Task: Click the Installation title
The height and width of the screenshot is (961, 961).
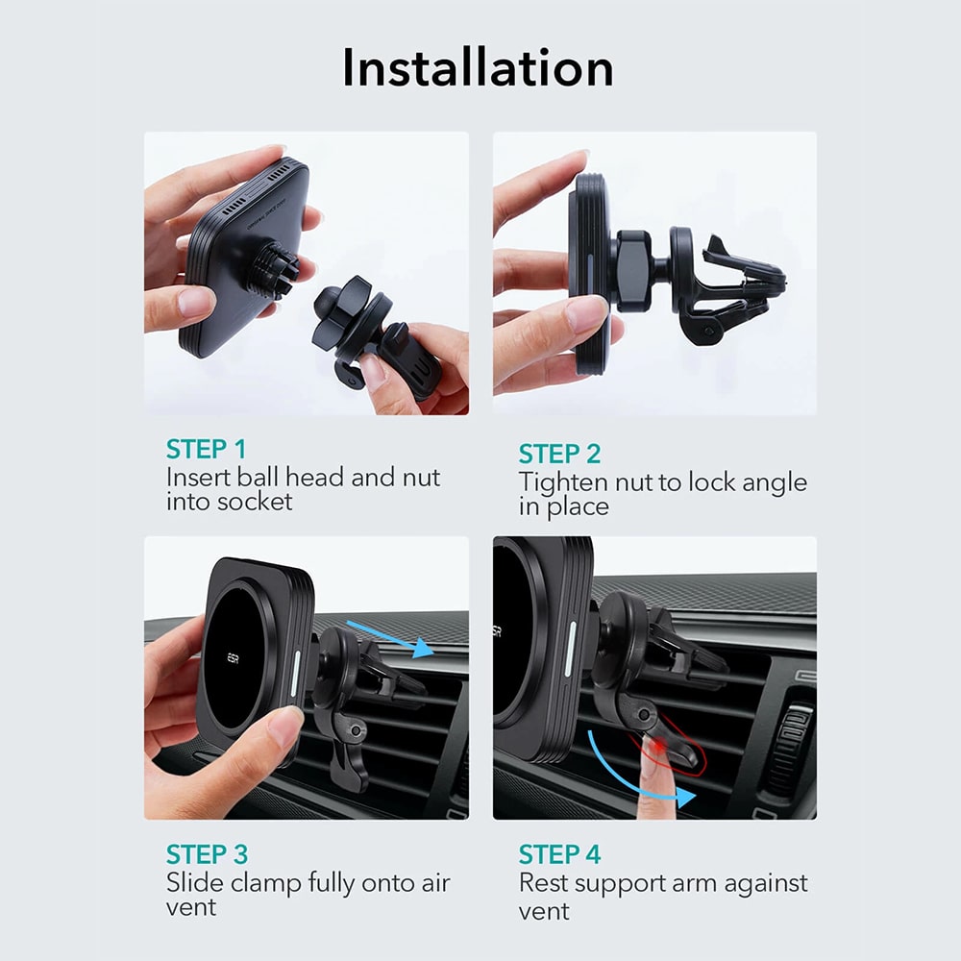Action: click(x=478, y=67)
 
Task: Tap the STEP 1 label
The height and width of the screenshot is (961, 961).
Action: click(x=206, y=449)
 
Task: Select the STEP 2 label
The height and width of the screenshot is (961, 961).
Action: click(x=559, y=455)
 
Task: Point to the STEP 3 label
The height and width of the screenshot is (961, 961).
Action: click(x=207, y=854)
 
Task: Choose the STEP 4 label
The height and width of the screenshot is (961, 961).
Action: click(x=559, y=854)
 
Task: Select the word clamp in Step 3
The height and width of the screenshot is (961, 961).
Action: click(x=266, y=884)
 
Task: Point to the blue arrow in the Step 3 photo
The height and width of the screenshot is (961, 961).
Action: click(x=390, y=639)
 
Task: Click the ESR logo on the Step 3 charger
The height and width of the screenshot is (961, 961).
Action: click(x=233, y=659)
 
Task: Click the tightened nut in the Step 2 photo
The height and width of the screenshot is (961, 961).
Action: click(x=632, y=270)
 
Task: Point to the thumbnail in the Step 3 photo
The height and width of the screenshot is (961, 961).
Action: click(x=285, y=724)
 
